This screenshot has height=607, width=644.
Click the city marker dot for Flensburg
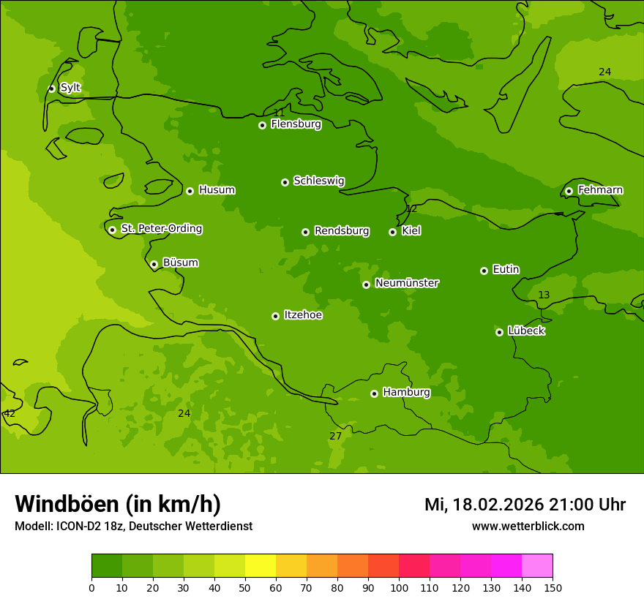pos(262,125)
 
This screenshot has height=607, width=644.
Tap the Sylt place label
pos(70,88)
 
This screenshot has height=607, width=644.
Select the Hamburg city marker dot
pos(374,393)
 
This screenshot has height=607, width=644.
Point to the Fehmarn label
pos(600,190)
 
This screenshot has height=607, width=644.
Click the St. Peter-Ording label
pos(161,229)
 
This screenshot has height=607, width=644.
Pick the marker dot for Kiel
pos(392,232)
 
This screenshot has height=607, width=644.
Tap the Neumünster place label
pos(407,283)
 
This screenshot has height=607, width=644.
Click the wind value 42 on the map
pos(10,414)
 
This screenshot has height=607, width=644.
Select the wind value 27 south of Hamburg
pos(335,436)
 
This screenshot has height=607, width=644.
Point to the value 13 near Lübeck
pos(544,295)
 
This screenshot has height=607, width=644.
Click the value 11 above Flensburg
pos(279,113)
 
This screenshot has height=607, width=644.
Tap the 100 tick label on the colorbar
pos(399,587)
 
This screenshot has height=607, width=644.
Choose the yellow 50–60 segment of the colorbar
pos(261,566)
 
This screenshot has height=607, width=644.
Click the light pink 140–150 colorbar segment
pos(537,566)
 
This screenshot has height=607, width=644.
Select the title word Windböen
pos(67,504)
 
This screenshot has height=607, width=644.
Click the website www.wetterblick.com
pos(528,526)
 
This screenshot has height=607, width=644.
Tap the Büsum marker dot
pos(154,264)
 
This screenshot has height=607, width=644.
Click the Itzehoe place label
pos(303,315)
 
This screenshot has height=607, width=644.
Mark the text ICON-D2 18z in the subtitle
pos(88,526)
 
